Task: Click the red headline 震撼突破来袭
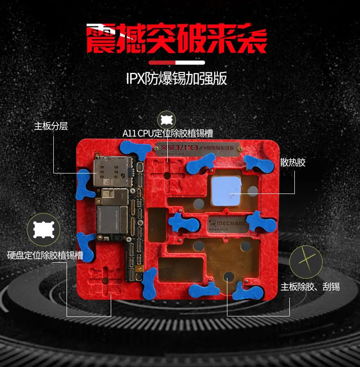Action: (176, 39)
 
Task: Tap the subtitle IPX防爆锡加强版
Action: (176, 78)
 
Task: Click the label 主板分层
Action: (51, 126)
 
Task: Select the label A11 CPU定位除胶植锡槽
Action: (168, 133)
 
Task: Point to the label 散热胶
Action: (293, 163)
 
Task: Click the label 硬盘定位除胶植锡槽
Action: (45, 255)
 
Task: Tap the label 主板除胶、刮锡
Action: (310, 287)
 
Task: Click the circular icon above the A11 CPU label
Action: (166, 120)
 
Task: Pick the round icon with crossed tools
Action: (306, 262)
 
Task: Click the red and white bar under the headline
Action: (177, 62)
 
